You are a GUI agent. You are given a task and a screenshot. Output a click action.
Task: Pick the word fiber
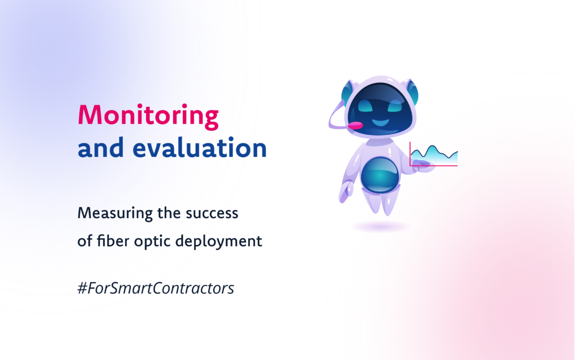(x=111, y=241)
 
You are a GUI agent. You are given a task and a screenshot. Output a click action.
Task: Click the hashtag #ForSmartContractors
(x=156, y=289)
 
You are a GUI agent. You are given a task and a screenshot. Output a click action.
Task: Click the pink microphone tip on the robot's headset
(x=355, y=126)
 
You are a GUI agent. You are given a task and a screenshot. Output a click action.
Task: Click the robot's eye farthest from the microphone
(x=395, y=106)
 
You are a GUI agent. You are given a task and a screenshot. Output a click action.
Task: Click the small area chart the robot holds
(x=434, y=155)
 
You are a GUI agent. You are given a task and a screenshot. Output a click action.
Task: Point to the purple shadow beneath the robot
(x=380, y=227)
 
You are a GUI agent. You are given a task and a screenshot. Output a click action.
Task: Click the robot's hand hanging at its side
(x=346, y=191)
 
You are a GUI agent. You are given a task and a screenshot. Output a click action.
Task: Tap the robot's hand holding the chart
(x=422, y=166)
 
